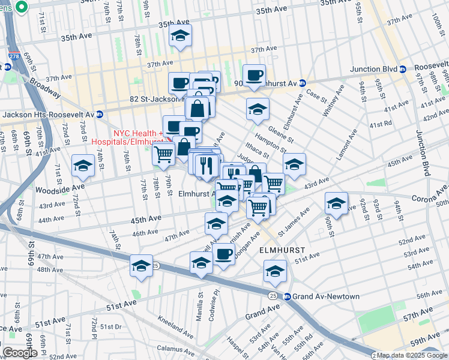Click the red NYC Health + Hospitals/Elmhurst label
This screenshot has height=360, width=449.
127,138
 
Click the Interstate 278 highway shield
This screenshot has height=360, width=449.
13,58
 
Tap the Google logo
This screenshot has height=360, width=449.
19,353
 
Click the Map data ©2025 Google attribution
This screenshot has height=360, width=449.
404,355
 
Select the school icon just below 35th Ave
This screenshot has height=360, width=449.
181,36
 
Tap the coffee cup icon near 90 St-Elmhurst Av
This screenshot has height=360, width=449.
255,76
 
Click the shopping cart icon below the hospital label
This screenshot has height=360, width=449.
164,154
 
